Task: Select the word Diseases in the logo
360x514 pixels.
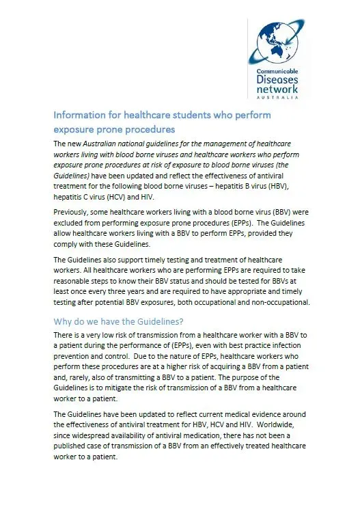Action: pyautogui.click(x=278, y=79)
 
